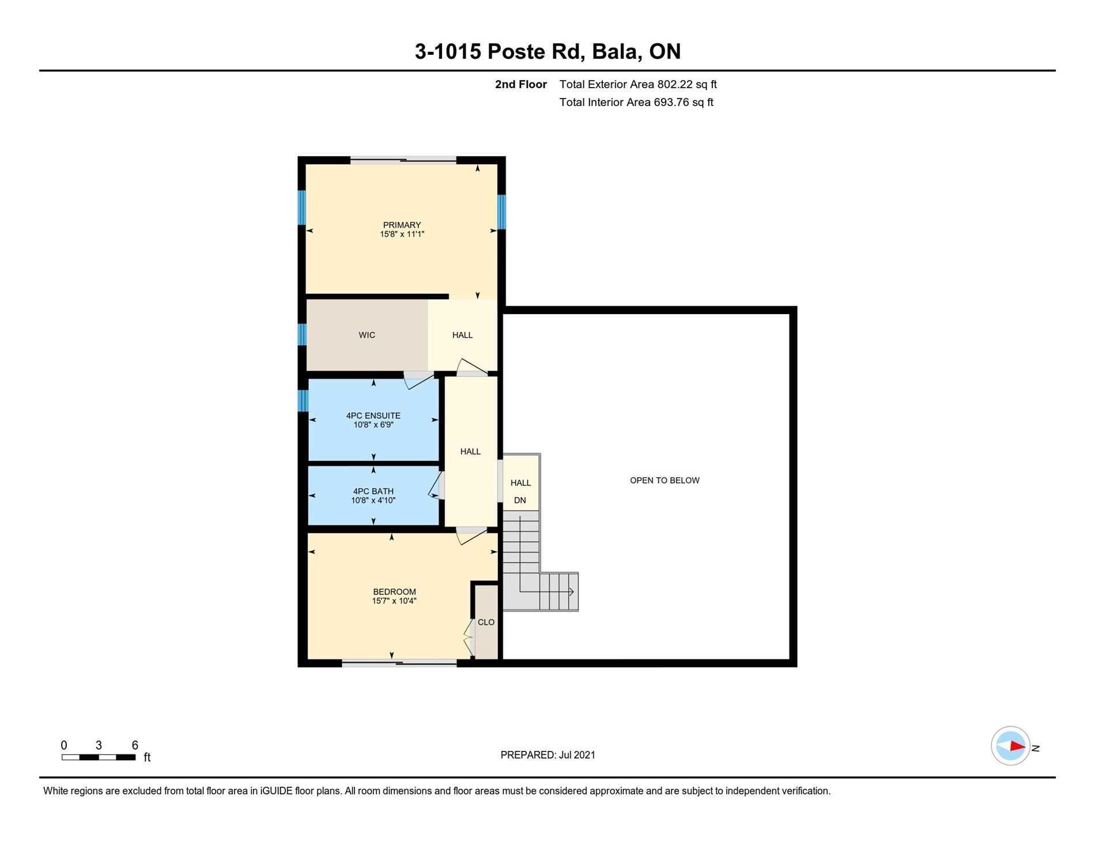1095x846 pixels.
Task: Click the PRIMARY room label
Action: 402,225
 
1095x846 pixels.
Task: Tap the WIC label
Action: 367,335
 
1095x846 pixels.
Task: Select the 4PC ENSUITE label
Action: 373,416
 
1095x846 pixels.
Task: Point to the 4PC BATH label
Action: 373,491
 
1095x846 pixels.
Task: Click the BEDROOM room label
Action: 394,592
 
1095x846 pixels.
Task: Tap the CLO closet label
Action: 486,622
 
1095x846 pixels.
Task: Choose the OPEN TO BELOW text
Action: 664,480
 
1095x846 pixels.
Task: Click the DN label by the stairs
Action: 520,500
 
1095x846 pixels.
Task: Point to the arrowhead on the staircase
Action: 571,591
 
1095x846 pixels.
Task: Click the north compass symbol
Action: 1010,746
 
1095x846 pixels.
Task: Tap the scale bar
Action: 99,757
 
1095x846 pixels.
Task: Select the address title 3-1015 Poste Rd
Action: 500,51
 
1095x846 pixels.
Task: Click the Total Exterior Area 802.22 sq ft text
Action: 638,84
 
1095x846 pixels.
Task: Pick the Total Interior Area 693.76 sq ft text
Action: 636,102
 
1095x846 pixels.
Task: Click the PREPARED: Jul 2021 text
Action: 547,754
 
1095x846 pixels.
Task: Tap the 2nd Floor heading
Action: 521,84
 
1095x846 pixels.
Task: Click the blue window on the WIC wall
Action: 302,334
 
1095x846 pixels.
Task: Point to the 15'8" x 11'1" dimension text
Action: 402,234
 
